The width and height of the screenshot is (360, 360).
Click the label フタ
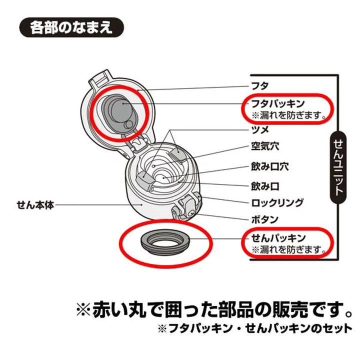click(x=260, y=85)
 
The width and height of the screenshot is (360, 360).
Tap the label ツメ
click(x=260, y=130)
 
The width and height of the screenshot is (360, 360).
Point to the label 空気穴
click(x=264, y=147)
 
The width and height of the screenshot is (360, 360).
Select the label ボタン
click(x=264, y=219)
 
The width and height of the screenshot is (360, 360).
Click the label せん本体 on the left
click(x=34, y=205)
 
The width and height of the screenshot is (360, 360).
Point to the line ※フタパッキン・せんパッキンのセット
click(x=255, y=328)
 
